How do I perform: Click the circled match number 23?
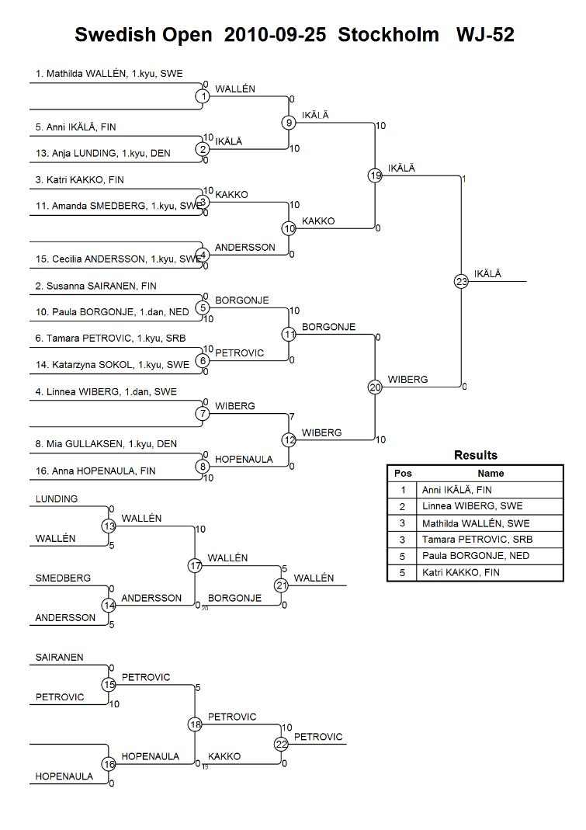tap(461, 281)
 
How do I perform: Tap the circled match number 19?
tap(375, 175)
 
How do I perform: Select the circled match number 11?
tap(289, 334)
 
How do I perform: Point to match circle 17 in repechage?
tap(195, 566)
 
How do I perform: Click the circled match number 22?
tap(281, 745)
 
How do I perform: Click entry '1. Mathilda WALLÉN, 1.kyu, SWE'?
tap(109, 74)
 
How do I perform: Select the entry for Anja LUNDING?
tap(102, 153)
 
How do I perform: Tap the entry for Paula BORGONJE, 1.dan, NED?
tap(113, 312)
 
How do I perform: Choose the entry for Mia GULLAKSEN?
tap(106, 443)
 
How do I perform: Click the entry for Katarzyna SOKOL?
tap(113, 365)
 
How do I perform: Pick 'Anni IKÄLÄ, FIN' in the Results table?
tap(457, 490)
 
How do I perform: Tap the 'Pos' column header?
tap(403, 473)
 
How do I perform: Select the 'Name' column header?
tap(491, 473)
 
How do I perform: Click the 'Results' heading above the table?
tap(476, 455)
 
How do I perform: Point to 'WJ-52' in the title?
tap(485, 35)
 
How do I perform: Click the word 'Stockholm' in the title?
tap(389, 35)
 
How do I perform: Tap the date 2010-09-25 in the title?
tap(276, 35)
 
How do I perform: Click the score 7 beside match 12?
tap(292, 417)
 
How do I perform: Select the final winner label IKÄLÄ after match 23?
tap(487, 273)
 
